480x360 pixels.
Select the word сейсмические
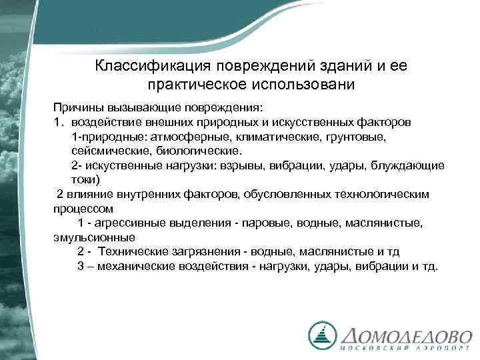pos(105,151)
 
